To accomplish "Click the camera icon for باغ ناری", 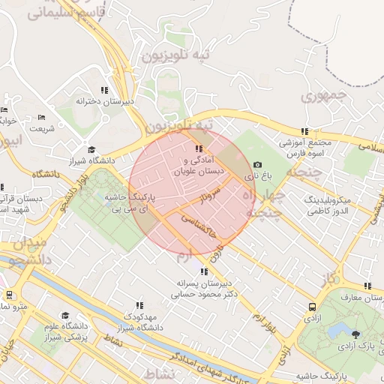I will coord(258,165).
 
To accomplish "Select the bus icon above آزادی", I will coord(312,307).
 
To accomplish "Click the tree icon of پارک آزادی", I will coord(355,333).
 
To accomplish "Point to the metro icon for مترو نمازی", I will coord(10,295).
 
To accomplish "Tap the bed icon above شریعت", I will coord(42,117).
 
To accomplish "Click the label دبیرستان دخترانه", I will coord(106,100).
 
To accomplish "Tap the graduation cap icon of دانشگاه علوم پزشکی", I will coord(65,316).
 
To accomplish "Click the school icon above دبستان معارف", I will coord(367,286).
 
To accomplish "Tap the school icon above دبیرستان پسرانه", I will coord(203,271).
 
